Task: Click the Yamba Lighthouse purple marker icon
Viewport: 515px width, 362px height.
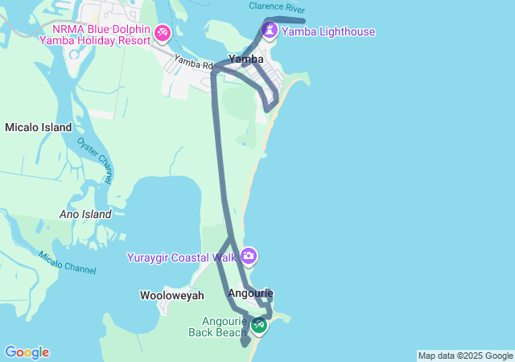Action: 269,31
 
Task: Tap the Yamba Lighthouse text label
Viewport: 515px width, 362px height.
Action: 328,32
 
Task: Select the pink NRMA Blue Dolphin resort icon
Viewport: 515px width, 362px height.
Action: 163,32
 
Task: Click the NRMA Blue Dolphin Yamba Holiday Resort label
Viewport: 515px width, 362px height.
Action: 96,34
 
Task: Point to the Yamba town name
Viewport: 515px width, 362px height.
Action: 245,59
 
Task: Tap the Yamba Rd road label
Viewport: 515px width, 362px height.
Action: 193,62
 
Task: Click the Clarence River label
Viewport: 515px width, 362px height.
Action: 277,6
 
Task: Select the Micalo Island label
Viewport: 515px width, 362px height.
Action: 38,127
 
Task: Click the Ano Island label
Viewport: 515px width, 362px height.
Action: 85,214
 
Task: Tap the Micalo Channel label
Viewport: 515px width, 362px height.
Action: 67,261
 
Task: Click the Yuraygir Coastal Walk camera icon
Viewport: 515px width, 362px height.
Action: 249,257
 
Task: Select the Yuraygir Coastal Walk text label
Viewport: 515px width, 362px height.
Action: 182,257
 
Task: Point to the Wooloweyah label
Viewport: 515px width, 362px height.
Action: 171,295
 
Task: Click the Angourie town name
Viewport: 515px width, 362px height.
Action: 250,293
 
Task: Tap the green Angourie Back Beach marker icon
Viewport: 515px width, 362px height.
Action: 258,325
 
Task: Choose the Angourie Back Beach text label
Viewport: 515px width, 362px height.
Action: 218,326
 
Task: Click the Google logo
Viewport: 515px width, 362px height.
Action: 27,352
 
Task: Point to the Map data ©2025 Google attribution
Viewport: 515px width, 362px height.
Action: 465,356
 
